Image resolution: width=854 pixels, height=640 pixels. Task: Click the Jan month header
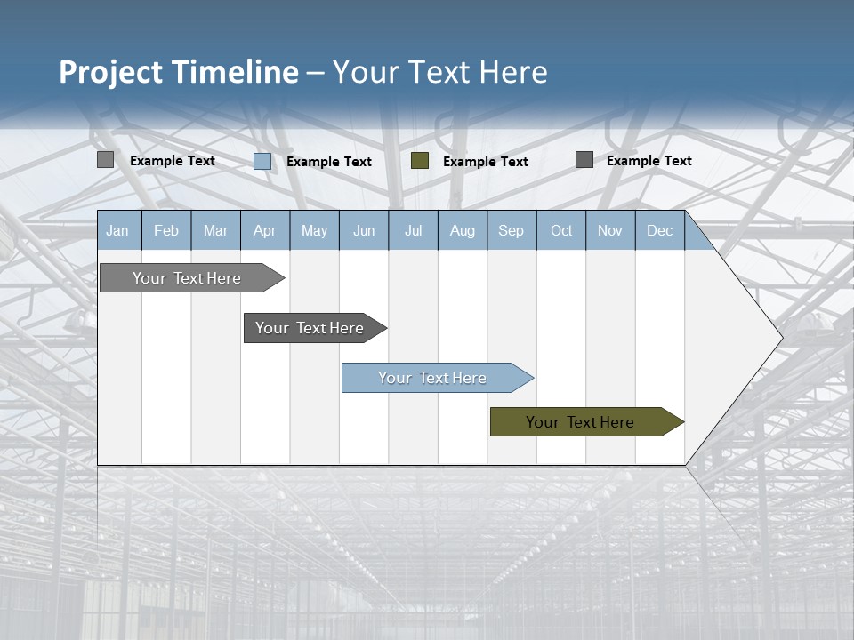point(117,230)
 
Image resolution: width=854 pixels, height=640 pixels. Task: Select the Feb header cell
point(166,230)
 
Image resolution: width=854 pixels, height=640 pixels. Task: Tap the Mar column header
point(215,230)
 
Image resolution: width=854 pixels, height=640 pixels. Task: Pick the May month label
point(314,230)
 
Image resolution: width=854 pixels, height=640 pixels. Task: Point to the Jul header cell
point(413,230)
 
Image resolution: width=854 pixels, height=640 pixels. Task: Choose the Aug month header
point(463,230)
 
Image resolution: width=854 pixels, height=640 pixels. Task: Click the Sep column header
point(512,230)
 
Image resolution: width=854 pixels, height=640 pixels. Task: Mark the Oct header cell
point(561,230)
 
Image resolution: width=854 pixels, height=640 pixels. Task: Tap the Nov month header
point(610,230)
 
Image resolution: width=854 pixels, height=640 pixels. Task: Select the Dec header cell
point(660,230)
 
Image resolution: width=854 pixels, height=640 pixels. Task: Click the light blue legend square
point(262,161)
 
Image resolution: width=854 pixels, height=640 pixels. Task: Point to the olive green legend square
point(420,161)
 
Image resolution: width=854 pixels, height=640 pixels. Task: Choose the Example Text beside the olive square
point(486,162)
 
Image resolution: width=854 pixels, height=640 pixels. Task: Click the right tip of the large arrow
point(780,337)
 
